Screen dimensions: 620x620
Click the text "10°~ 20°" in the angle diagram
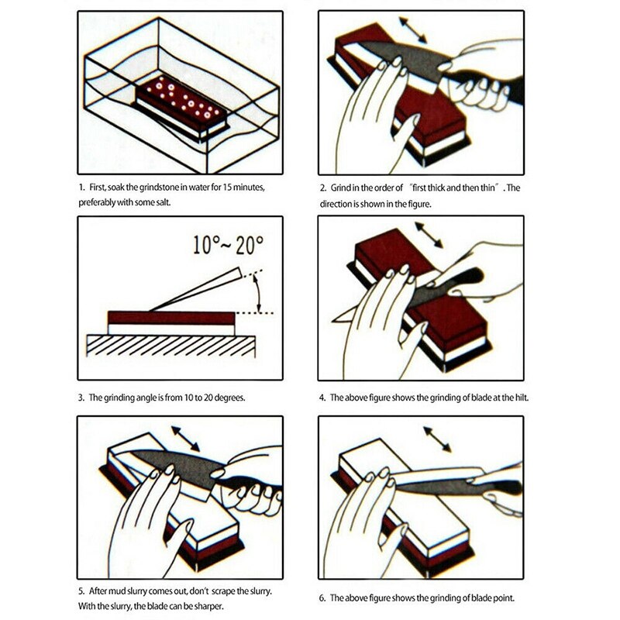click(x=228, y=246)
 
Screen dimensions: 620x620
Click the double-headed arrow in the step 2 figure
click(x=412, y=29)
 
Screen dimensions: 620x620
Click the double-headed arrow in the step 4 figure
click(x=429, y=235)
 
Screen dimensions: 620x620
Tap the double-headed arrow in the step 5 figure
click(x=185, y=437)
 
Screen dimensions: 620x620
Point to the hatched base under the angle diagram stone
click(x=170, y=345)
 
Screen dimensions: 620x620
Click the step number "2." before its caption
click(x=323, y=188)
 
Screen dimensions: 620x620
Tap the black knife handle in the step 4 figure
click(x=463, y=280)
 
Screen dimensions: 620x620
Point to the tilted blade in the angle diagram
click(x=194, y=290)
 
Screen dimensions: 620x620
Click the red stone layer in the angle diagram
click(x=170, y=317)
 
